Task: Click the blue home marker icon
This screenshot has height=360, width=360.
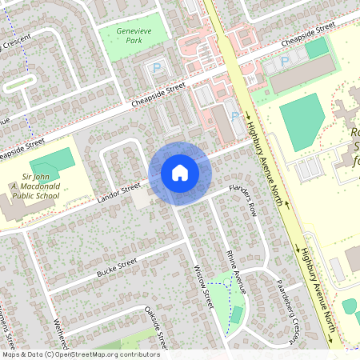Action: click(x=179, y=172)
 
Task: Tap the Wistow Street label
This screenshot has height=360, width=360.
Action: click(x=203, y=287)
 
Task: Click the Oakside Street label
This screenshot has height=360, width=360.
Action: click(x=153, y=326)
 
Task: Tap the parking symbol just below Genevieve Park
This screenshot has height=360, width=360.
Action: click(x=157, y=69)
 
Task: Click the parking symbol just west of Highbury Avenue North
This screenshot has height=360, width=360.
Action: click(x=234, y=117)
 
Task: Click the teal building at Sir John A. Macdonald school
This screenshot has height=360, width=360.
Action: click(x=53, y=159)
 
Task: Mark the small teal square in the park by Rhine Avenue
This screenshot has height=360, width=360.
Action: click(x=235, y=314)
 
